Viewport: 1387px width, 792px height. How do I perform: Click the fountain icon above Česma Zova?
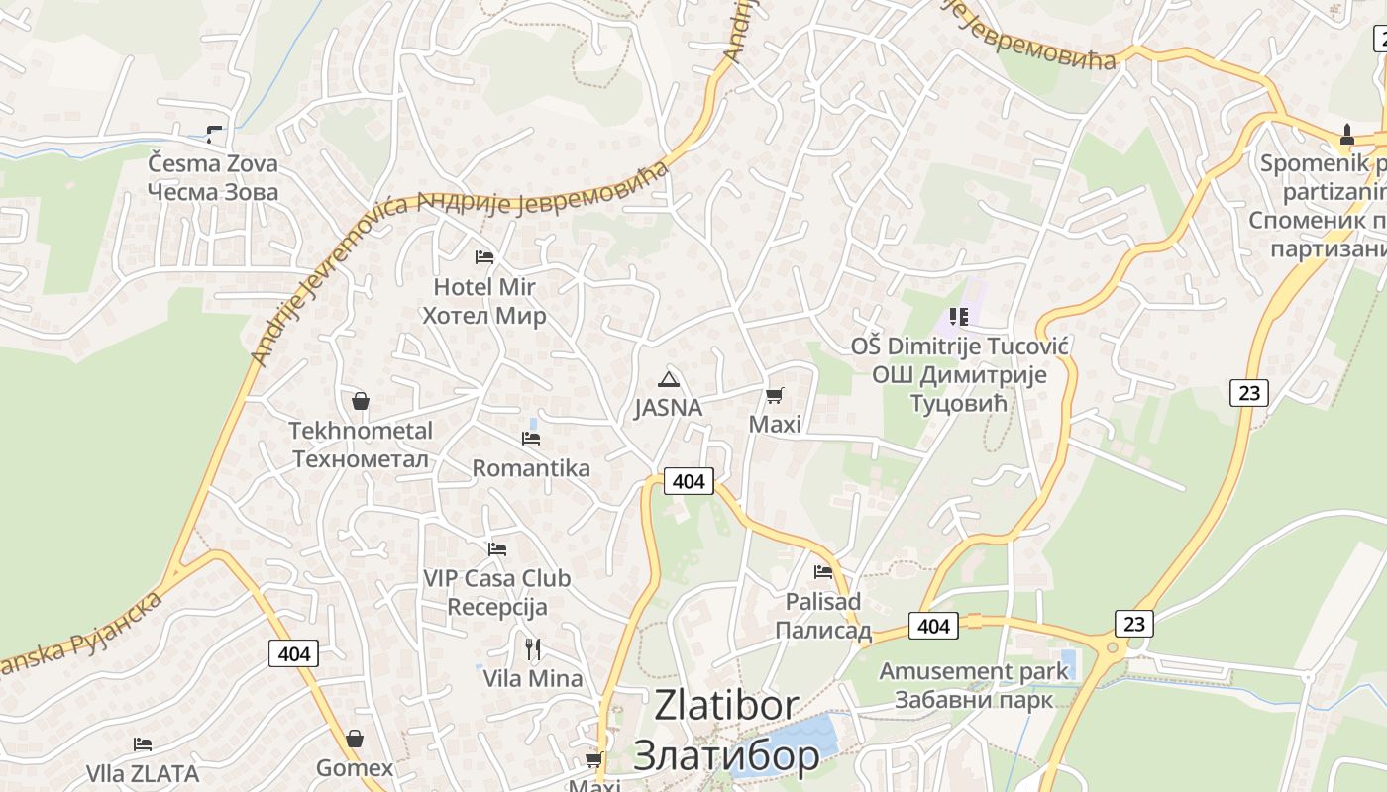[213, 134]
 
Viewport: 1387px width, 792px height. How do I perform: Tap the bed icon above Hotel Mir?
[484, 257]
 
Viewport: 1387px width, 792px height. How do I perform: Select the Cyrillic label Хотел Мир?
[484, 317]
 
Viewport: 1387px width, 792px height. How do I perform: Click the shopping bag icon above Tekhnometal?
[361, 401]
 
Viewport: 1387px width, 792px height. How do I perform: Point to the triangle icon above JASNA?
[669, 379]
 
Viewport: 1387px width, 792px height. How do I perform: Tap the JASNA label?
[669, 408]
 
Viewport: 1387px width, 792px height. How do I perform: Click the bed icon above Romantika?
[531, 438]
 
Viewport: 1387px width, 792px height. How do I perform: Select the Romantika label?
[531, 468]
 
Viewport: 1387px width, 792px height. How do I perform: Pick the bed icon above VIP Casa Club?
[497, 548]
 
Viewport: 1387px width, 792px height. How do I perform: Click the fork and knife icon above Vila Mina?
[533, 649]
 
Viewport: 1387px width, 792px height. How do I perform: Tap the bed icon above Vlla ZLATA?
[143, 743]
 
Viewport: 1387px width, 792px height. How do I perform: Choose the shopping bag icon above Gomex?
[355, 739]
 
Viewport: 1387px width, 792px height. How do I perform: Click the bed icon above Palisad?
[823, 571]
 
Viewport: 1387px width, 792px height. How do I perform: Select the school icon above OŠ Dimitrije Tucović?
[958, 317]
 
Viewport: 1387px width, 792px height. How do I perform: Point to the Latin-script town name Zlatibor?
[726, 706]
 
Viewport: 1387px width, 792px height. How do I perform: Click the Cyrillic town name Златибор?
[726, 755]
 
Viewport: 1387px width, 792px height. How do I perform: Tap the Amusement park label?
[974, 671]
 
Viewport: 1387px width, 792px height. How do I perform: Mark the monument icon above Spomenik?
[1347, 134]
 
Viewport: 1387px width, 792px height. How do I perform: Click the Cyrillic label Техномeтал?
[361, 459]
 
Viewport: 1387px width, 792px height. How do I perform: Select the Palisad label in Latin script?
[823, 602]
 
